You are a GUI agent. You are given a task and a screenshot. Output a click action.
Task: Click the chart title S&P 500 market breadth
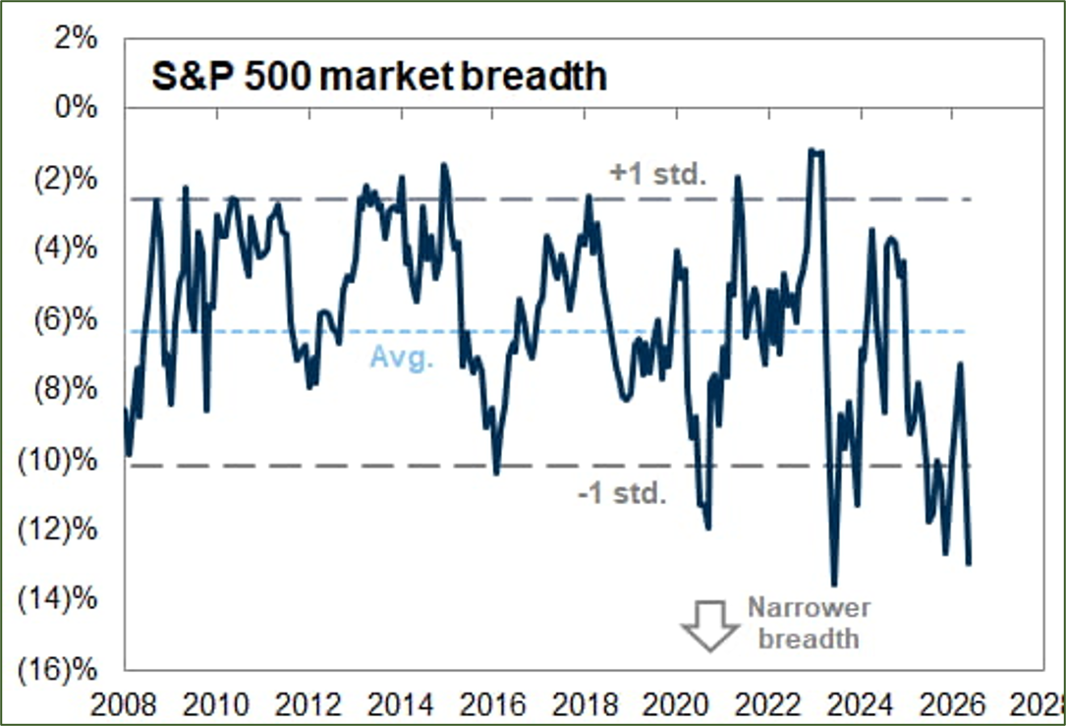tap(378, 76)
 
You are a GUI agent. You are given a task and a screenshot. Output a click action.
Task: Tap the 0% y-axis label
tap(76, 107)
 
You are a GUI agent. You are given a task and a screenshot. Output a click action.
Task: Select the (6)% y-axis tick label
tap(66, 319)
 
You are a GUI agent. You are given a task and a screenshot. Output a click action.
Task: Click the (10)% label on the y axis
tap(58, 460)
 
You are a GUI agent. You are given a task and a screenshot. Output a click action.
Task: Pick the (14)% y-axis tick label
tap(58, 599)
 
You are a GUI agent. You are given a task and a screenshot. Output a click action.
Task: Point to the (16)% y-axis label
tap(58, 670)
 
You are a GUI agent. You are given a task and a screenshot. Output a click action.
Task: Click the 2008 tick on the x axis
tap(124, 705)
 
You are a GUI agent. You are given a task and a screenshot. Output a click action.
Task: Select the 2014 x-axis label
tap(401, 705)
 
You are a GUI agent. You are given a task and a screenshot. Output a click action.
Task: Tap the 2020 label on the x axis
tap(676, 705)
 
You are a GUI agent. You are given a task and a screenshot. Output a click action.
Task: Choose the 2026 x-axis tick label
tap(952, 705)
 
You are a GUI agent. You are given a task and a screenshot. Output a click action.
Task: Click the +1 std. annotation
tap(658, 174)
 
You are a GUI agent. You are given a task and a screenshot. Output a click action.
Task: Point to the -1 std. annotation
tap(622, 493)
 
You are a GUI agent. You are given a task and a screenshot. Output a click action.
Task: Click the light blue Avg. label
tap(402, 357)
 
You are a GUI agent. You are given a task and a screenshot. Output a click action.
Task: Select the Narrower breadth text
tap(809, 623)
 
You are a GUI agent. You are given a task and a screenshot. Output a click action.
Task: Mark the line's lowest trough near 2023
tap(834, 585)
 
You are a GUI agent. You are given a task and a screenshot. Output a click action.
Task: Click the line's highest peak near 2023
tap(812, 150)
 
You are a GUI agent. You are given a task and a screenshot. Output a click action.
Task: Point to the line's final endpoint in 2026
tap(968, 563)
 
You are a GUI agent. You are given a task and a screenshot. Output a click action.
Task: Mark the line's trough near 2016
tap(496, 473)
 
